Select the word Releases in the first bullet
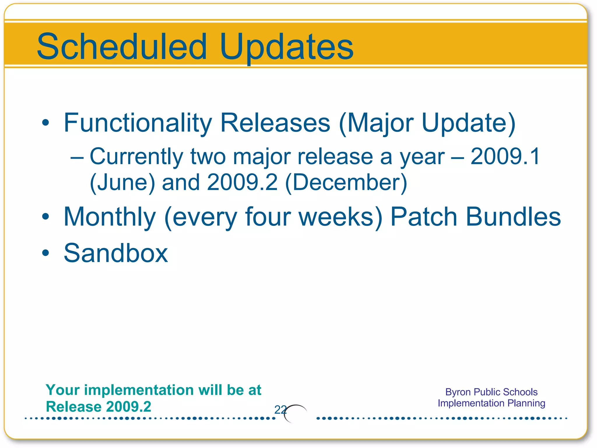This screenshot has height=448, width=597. click(275, 123)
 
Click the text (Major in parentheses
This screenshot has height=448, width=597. click(376, 123)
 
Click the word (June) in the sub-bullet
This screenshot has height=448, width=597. click(122, 182)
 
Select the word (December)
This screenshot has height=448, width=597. click(346, 182)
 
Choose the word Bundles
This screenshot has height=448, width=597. click(513, 217)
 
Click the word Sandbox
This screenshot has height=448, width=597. click(116, 253)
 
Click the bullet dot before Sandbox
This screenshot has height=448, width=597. click(45, 253)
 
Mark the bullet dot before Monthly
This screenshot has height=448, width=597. click(45, 217)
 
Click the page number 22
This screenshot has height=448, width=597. click(280, 410)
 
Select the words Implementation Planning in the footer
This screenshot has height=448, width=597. click(491, 403)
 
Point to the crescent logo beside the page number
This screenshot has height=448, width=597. click(295, 413)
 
